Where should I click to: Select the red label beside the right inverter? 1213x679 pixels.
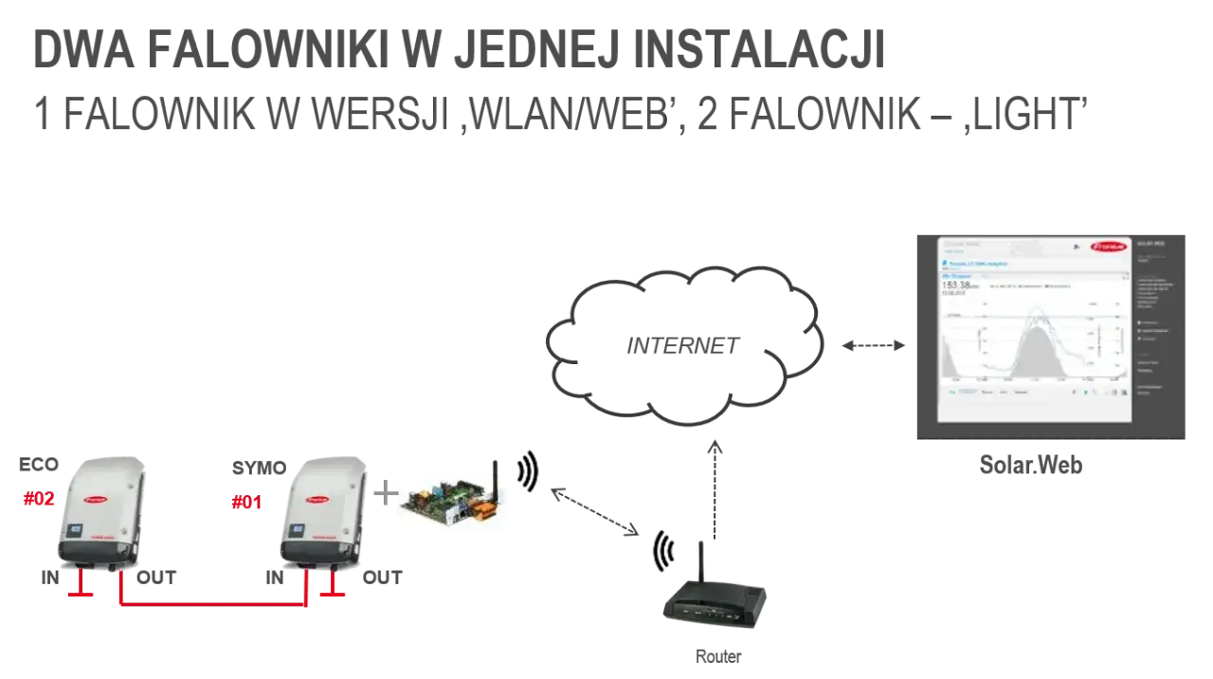pos(246,503)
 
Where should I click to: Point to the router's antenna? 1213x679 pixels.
pos(702,560)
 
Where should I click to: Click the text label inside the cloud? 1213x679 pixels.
pos(678,347)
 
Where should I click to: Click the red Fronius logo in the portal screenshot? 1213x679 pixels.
pos(1106,246)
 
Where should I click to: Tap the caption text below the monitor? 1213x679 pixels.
pos(1030,466)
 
